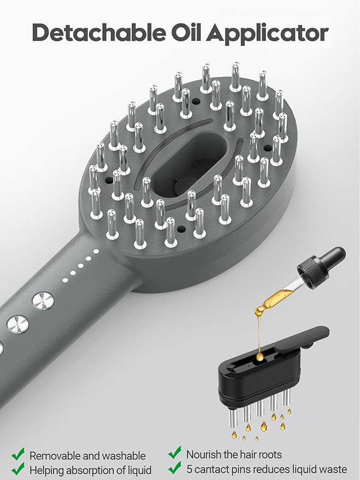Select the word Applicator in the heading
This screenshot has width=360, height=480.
click(267, 34)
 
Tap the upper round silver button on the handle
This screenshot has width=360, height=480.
click(43, 301)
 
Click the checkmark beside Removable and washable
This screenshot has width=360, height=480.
click(18, 454)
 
